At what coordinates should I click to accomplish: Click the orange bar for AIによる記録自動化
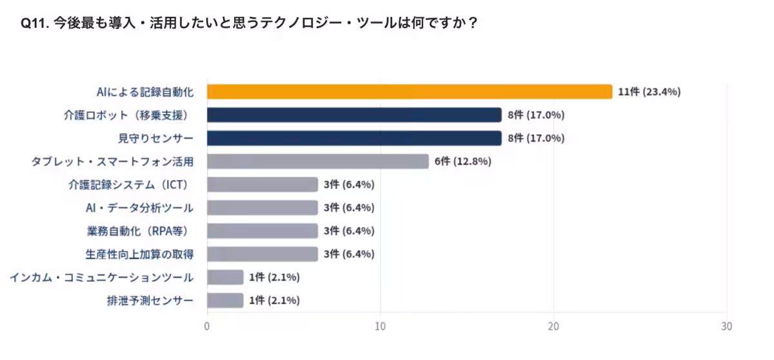tap(409, 92)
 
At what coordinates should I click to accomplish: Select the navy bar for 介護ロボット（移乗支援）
tap(354, 115)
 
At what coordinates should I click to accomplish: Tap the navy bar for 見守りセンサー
tap(354, 138)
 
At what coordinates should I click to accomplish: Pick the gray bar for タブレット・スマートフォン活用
tap(317, 161)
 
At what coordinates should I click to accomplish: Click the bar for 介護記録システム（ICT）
tap(263, 185)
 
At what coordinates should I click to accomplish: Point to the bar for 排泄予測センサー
tap(225, 301)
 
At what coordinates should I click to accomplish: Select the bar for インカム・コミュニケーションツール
tap(225, 277)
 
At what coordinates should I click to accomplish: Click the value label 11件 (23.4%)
tap(649, 92)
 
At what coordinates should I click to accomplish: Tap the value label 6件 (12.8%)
tap(462, 161)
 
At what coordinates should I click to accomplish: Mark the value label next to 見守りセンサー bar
tap(536, 138)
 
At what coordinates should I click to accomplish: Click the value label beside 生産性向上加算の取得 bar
tap(349, 254)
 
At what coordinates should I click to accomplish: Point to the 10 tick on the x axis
tap(381, 326)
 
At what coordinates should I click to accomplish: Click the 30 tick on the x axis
tap(727, 326)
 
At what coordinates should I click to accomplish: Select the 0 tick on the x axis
tap(207, 326)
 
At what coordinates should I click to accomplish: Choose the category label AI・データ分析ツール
tap(139, 208)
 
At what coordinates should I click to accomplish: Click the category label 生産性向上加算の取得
tap(139, 254)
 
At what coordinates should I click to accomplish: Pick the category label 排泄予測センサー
tap(150, 301)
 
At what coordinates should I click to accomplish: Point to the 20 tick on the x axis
tap(553, 326)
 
